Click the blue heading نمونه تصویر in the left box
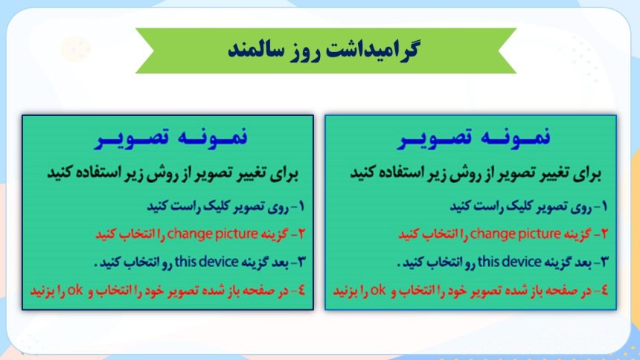[x=171, y=137]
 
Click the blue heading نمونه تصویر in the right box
[x=474, y=137]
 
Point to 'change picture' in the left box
[x=212, y=234]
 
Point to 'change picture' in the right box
[x=515, y=234]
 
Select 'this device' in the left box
[x=207, y=262]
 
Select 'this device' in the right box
[x=509, y=262]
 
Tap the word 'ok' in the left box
[x=75, y=290]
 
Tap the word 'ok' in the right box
[x=378, y=290]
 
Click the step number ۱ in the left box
[x=301, y=206]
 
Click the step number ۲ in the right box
[x=604, y=234]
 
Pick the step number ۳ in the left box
[x=301, y=262]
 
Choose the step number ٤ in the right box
[x=604, y=290]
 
